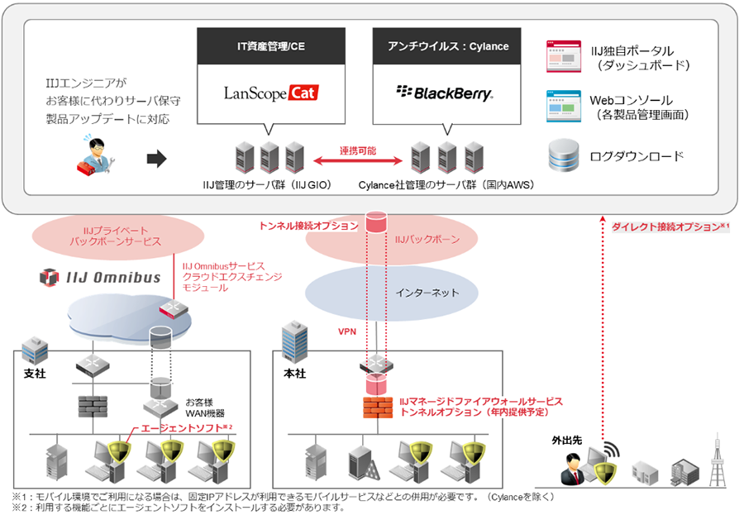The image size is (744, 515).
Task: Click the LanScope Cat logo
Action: (271, 93)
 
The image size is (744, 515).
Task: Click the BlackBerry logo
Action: (445, 93)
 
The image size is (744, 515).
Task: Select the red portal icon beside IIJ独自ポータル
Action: (563, 56)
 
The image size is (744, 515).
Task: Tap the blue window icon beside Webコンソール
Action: (563, 106)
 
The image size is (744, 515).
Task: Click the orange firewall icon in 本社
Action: (377, 407)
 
